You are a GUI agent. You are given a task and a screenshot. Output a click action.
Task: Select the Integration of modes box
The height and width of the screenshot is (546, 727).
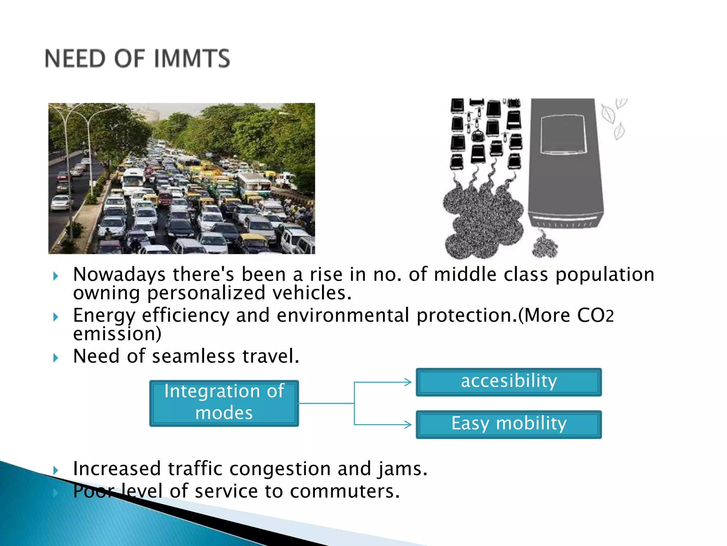click(224, 403)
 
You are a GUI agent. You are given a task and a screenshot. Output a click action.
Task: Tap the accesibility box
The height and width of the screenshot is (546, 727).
click(509, 382)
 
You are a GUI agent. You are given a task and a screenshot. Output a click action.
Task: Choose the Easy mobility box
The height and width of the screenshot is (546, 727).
click(509, 424)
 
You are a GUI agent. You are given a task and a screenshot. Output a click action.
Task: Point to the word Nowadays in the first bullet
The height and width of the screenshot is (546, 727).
click(119, 275)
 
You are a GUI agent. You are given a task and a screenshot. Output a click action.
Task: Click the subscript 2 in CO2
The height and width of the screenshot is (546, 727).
click(609, 317)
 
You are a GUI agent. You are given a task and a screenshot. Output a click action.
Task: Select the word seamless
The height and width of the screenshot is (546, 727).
click(193, 356)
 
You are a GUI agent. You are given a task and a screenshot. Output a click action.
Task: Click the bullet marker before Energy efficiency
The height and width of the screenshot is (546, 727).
click(55, 317)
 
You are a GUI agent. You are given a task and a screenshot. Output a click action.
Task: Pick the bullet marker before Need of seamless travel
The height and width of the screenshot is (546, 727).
click(55, 358)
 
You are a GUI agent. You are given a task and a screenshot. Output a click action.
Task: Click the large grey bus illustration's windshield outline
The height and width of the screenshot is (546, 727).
click(562, 134)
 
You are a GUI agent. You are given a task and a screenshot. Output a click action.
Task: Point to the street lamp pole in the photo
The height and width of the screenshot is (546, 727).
click(67, 160)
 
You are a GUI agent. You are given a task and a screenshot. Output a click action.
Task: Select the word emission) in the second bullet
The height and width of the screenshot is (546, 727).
click(117, 334)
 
